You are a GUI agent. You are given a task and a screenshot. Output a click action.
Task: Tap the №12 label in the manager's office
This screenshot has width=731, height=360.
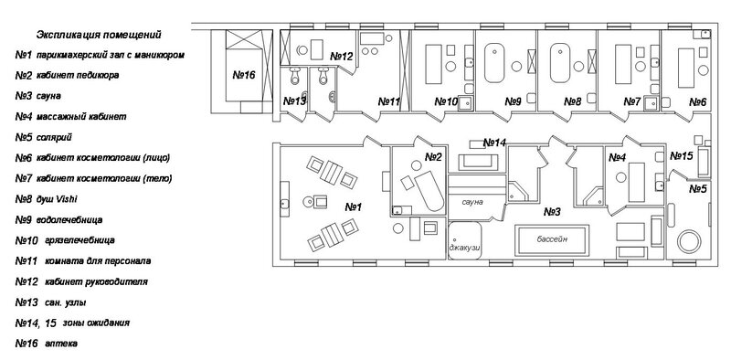click(341, 57)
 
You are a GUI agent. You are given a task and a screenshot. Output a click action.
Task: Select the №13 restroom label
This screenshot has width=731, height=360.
click(294, 101)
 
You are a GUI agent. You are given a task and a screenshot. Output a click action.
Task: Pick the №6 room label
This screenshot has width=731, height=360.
click(697, 101)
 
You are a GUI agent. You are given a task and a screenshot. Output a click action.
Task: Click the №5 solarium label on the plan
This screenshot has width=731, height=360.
click(698, 189)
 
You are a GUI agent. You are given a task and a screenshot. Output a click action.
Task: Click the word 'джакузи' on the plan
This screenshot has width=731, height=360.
click(464, 249)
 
